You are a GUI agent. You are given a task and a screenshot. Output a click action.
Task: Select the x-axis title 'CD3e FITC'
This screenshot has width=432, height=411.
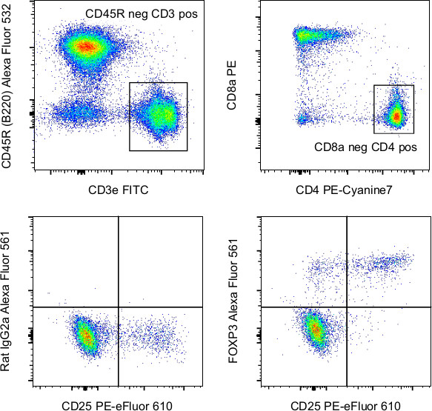click(x=119, y=190)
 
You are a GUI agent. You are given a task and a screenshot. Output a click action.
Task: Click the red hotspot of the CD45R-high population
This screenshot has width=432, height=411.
click(x=86, y=47)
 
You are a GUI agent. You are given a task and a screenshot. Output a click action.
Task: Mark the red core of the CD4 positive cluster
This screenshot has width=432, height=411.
click(x=396, y=116)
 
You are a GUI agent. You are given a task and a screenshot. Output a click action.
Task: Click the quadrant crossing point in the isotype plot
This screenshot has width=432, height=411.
click(x=119, y=307)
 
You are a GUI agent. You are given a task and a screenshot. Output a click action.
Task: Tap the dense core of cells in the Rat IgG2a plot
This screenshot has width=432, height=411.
click(x=85, y=335)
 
